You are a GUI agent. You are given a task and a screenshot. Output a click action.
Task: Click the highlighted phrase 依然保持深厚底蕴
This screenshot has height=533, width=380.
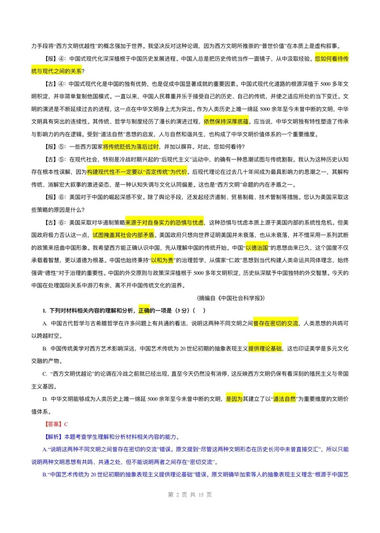(226, 121)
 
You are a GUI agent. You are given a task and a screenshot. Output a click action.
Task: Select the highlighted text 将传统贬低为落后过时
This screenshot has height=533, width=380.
(131, 147)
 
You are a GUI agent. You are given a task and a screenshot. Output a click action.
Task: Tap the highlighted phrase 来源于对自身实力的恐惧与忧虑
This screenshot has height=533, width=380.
(164, 222)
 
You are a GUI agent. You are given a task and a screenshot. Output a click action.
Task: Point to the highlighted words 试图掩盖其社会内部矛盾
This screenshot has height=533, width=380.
(123, 235)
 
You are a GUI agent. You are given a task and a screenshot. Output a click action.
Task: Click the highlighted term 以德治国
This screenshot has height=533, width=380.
(256, 248)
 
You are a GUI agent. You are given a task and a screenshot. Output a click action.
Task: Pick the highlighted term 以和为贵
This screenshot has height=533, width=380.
(162, 260)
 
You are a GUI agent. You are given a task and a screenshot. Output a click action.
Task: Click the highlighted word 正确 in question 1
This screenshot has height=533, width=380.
(144, 310)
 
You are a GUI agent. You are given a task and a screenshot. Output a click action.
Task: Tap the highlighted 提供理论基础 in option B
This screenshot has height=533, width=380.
(265, 349)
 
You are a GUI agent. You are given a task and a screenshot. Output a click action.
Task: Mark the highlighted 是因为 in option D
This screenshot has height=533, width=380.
(234, 399)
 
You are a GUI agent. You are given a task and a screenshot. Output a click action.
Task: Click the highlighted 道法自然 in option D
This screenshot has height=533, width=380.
(284, 399)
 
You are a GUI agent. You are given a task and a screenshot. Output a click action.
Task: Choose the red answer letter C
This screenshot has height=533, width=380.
(66, 424)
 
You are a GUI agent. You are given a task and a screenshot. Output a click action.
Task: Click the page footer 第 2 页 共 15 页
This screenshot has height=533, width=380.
(190, 495)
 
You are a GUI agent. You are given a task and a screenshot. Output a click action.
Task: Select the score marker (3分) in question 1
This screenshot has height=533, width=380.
(183, 310)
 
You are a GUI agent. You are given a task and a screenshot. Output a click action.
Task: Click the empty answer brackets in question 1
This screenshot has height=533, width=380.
(199, 310)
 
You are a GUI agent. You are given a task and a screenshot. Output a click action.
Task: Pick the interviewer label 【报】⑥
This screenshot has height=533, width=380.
(55, 197)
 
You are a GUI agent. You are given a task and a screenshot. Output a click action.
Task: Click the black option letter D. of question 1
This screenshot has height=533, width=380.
(45, 399)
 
